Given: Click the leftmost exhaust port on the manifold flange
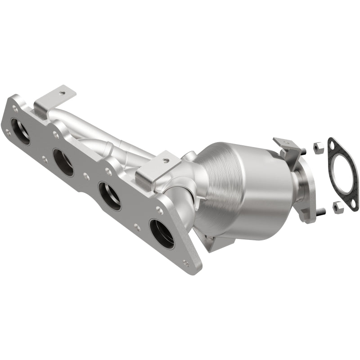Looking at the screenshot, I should pyautogui.click(x=21, y=131).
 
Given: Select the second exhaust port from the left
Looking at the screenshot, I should pyautogui.click(x=63, y=162).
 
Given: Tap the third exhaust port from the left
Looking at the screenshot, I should pyautogui.click(x=110, y=196).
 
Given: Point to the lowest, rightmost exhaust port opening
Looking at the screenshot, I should pyautogui.click(x=162, y=234).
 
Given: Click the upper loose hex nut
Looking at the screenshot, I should pyautogui.click(x=317, y=146).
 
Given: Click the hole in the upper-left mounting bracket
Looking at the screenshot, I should pyautogui.click(x=62, y=94).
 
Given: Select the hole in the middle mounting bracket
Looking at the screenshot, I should pyautogui.click(x=166, y=160).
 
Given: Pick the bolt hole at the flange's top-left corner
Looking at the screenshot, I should pyautogui.click(x=15, y=108).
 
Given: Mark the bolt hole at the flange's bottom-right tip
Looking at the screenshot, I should pyautogui.click(x=186, y=263).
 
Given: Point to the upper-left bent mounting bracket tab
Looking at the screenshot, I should pyautogui.click(x=54, y=99).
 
